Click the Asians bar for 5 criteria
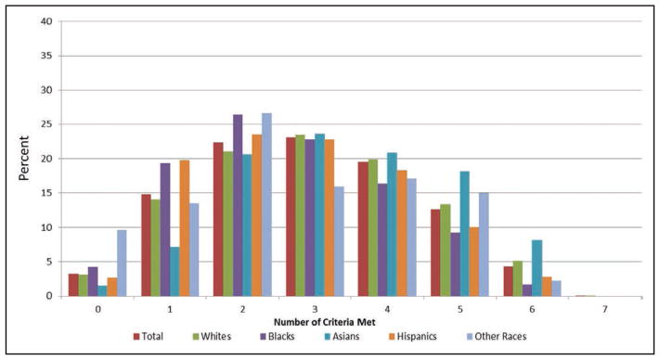pos(464,234)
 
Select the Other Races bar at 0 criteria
pos(122,264)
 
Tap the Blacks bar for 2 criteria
pos(238,206)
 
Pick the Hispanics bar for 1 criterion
pos(185,228)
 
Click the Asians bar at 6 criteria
pos(537,268)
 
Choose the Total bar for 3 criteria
pos(291,217)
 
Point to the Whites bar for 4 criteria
pos(373,228)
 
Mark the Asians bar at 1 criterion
pos(175,272)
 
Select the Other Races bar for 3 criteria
pos(339,241)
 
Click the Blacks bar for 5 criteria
pos(455,264)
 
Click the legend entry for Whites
pos(213,337)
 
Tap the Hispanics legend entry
pos(412,337)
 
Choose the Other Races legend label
pos(500,337)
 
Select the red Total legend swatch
pos(136,337)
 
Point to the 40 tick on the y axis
pos(46,21)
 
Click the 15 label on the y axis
pos(46,193)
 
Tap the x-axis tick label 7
pos(605,309)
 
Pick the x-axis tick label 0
pos(97,309)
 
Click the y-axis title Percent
pos(23,158)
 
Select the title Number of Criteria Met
pos(325,323)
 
